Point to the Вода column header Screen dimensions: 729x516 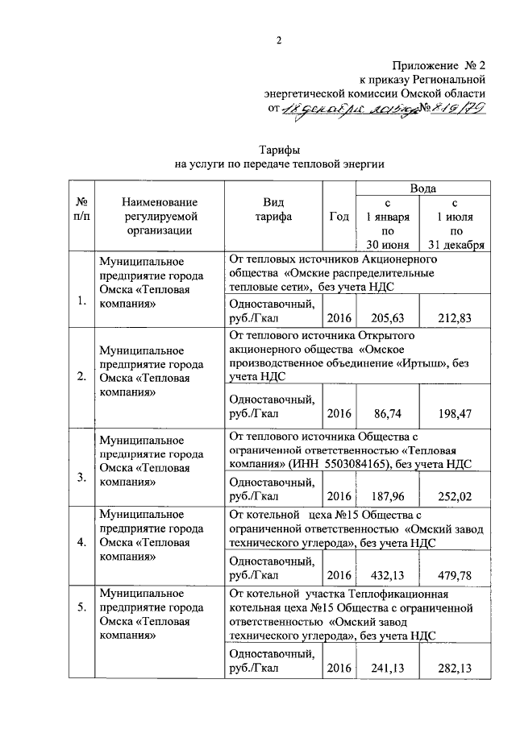click(424, 188)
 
